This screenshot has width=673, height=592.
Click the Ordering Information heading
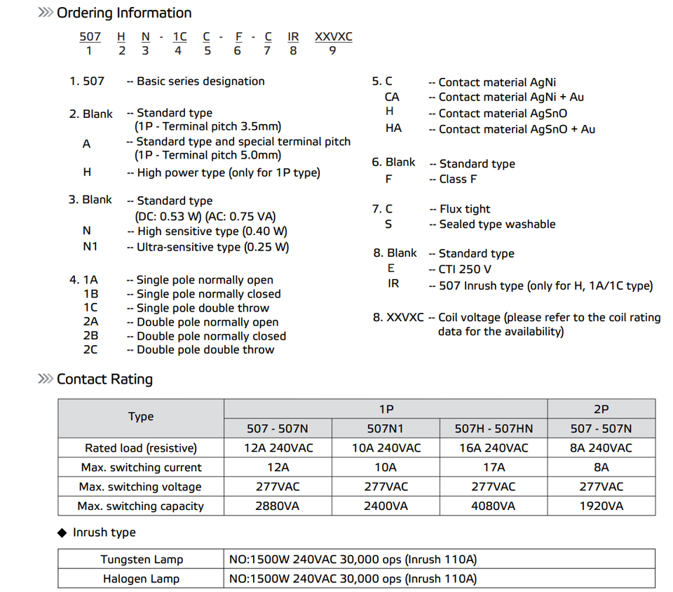(123, 13)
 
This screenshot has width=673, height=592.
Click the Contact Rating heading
(104, 379)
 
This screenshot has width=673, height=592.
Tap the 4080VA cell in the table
(494, 506)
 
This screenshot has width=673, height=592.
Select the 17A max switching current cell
(494, 467)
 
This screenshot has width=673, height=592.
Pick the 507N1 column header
(385, 429)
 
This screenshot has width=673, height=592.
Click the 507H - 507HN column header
(494, 429)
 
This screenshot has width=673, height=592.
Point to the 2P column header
(601, 409)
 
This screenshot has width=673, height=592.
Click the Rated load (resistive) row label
(141, 448)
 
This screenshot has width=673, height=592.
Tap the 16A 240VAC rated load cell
(494, 448)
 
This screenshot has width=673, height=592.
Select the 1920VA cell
(601, 506)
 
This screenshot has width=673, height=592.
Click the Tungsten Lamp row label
(141, 559)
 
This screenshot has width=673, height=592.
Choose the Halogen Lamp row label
(141, 579)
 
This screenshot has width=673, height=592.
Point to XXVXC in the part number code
(333, 36)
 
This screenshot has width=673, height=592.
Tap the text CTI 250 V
(465, 269)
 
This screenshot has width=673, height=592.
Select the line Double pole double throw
(205, 349)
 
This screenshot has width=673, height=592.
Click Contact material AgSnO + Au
(517, 129)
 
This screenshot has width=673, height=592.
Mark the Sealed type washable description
(497, 224)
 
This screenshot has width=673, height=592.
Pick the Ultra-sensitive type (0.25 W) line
(212, 247)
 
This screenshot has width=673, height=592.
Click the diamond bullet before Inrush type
(62, 533)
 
